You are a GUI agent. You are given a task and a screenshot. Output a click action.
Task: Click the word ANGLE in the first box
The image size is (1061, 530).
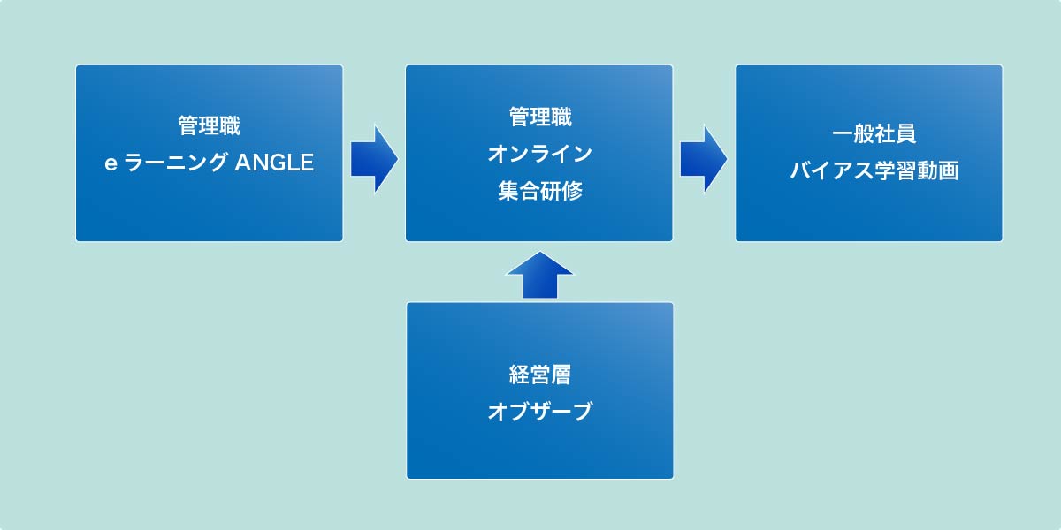[274, 163]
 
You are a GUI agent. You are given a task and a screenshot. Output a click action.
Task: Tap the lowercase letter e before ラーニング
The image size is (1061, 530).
[111, 163]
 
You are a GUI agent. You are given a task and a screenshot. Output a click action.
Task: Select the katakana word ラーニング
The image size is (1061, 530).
[175, 163]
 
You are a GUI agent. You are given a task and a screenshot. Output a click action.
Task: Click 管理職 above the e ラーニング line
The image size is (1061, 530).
[209, 125]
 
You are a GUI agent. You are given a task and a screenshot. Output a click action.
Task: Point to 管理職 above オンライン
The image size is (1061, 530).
[540, 117]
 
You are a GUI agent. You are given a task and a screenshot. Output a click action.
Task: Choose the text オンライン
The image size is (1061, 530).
[540, 154]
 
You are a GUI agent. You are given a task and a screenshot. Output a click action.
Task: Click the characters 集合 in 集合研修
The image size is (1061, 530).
[519, 191]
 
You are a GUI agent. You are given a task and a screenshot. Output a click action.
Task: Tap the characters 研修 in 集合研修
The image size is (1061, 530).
[561, 191]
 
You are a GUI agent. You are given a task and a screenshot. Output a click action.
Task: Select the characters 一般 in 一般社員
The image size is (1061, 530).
[853, 134]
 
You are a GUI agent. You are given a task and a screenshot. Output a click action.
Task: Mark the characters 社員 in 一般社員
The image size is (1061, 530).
[895, 134]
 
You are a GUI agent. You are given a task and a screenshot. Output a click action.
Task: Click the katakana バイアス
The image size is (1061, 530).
[832, 170]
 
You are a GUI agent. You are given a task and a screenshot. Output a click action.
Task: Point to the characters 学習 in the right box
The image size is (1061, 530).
[895, 170]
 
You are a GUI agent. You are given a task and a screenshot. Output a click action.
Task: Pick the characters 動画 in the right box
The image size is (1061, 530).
[938, 170]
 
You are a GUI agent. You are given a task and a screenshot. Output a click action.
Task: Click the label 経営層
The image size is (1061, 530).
[540, 375]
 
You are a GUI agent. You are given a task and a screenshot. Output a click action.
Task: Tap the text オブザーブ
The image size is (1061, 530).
[540, 412]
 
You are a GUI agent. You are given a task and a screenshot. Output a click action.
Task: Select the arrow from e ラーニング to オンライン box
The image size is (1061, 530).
[374, 159]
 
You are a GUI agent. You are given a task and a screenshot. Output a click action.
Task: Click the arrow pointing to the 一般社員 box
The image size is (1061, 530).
[704, 159]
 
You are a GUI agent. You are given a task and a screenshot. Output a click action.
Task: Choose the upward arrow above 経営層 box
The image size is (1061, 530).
[540, 275]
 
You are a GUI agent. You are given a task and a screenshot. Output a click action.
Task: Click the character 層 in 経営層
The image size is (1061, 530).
[561, 375]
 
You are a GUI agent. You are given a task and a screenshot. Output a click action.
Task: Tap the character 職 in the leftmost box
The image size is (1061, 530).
[230, 125]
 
